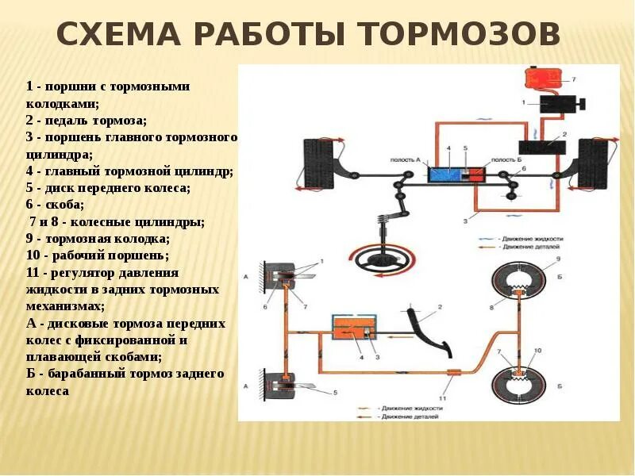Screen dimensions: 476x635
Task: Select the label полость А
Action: tap(405, 159)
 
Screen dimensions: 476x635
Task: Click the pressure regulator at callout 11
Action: tap(455, 372)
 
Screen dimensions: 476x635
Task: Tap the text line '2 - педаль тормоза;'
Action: tap(85, 120)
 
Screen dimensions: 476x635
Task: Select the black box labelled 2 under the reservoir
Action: tap(541, 148)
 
